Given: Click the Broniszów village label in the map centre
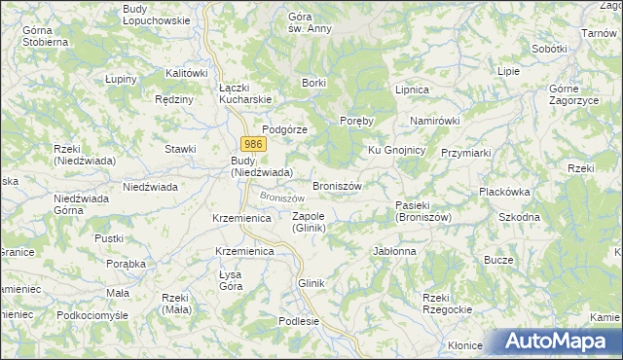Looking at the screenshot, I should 337,185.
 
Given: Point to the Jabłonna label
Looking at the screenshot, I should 394,251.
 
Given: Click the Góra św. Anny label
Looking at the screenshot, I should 309,22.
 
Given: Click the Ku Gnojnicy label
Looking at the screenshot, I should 396,150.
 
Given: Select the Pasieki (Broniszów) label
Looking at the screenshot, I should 423,211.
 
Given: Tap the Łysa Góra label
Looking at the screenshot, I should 231,279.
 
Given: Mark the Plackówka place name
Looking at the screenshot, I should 503,193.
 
